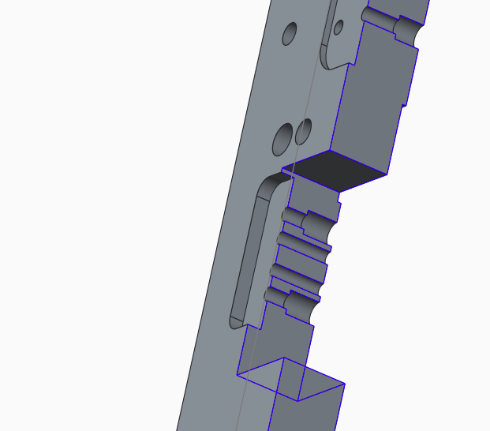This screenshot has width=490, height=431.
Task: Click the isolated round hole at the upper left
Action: tap(290, 34)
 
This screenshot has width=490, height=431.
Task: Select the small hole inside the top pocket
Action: tap(339, 28)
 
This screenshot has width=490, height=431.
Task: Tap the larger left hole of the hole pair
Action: tap(282, 139)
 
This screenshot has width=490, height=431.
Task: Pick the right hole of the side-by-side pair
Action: tap(304, 131)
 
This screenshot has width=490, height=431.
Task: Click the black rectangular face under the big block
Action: tap(340, 168)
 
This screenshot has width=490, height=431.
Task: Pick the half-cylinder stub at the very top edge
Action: tap(372, 14)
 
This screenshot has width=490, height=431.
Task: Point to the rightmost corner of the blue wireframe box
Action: tap(345, 384)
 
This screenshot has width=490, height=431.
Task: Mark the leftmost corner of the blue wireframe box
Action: tap(238, 373)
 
